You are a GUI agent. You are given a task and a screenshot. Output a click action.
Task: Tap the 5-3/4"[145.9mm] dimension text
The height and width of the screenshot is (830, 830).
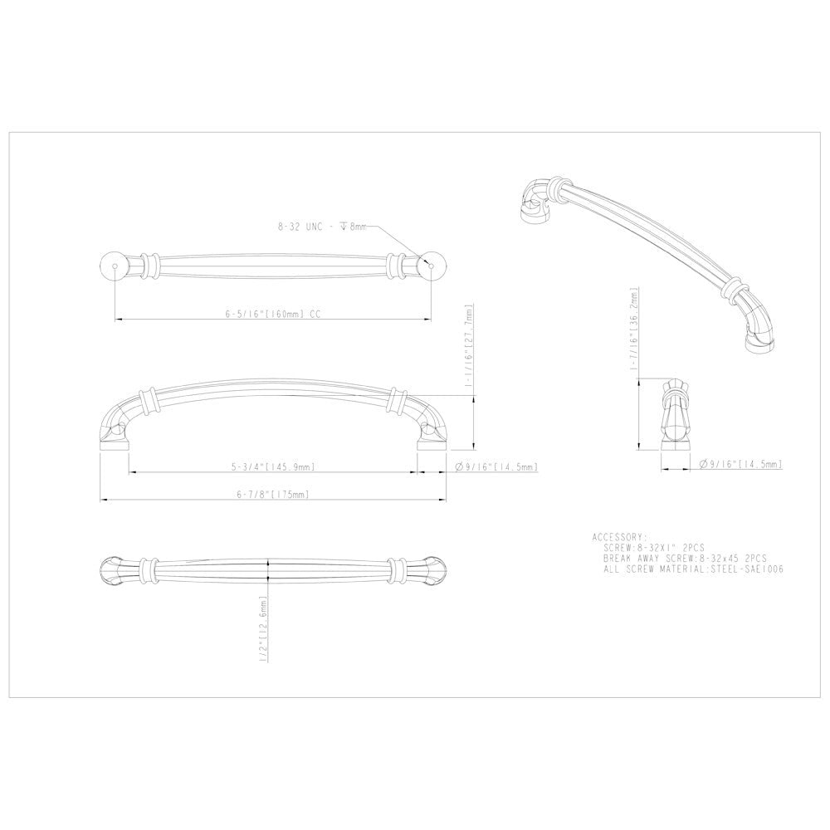point(273,467)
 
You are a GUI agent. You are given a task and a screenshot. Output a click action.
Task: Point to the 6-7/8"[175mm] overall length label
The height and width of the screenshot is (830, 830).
point(273,495)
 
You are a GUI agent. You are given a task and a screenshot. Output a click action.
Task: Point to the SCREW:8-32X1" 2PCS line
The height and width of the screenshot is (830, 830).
point(655,548)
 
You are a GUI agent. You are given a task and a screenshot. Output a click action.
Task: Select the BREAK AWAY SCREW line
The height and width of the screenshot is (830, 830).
point(685,559)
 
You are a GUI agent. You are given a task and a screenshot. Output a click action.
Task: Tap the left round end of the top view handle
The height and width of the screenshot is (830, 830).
point(114,265)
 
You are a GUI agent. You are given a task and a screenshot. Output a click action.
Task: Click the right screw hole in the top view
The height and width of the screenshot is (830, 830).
point(431,265)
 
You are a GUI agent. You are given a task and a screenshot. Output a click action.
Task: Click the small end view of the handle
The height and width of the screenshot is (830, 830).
point(676,415)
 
